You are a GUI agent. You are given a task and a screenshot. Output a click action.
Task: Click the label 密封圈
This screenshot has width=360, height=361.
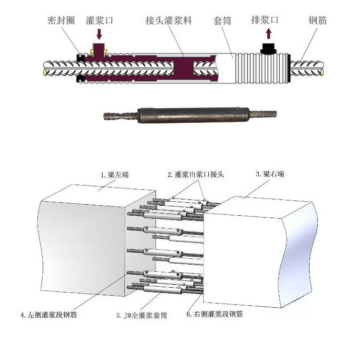(61, 22)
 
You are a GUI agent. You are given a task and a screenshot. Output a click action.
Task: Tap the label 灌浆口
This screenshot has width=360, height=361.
(100, 21)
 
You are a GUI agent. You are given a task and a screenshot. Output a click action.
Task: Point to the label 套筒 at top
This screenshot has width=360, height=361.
(222, 22)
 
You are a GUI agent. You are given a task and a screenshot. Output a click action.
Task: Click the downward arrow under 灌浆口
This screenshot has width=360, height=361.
(100, 34)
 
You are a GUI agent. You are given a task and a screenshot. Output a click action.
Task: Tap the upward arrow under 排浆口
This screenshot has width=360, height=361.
(268, 34)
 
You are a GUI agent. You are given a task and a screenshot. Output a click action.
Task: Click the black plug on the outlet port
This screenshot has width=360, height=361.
(267, 48)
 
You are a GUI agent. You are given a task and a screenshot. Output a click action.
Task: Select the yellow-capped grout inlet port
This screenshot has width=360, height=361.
(99, 49)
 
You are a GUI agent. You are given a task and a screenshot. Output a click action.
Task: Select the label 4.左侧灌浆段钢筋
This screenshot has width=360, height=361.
(48, 315)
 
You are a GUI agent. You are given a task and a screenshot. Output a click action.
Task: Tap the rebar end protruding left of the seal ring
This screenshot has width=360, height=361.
(58, 67)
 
